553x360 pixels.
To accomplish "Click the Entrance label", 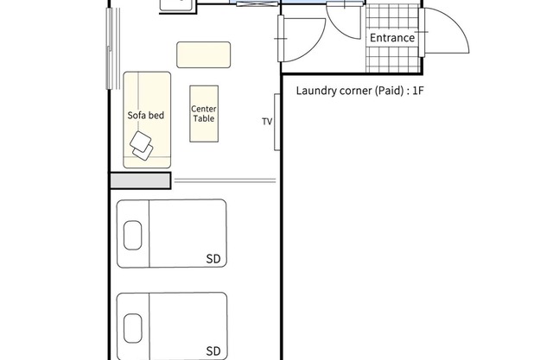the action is pyautogui.click(x=392, y=38).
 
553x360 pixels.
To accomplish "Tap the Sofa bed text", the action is pyautogui.click(x=146, y=115).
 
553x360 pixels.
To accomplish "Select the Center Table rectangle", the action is pyautogui.click(x=204, y=114).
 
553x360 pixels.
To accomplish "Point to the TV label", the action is pyautogui.click(x=267, y=122).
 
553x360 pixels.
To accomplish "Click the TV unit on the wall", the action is pyautogui.click(x=277, y=123).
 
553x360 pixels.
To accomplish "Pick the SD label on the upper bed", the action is pyautogui.click(x=213, y=259).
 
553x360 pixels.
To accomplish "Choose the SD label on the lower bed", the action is pyautogui.click(x=213, y=351).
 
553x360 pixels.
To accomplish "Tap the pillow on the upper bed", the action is pyautogui.click(x=133, y=236).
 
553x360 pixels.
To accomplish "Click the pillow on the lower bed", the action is pyautogui.click(x=133, y=328).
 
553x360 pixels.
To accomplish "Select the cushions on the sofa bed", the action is pyautogui.click(x=142, y=146).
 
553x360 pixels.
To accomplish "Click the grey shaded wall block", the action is pyautogui.click(x=140, y=180).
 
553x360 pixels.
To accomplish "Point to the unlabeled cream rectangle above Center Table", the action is pyautogui.click(x=204, y=54).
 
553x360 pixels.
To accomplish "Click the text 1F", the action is pyautogui.click(x=418, y=91).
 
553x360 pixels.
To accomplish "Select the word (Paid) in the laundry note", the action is pyautogui.click(x=389, y=91).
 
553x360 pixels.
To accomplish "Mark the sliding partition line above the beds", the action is pyautogui.click(x=225, y=180).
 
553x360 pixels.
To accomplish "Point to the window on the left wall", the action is pyautogui.click(x=113, y=48).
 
